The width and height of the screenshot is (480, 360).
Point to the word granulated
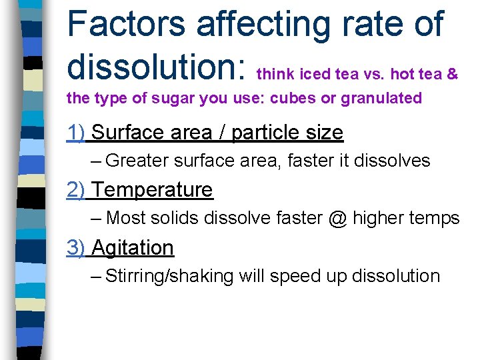(x=381, y=99)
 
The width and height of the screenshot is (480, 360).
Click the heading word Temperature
(x=152, y=190)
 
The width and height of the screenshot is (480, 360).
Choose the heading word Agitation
(x=133, y=247)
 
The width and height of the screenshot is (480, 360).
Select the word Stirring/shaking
(x=169, y=276)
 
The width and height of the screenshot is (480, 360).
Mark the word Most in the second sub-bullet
(x=127, y=218)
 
